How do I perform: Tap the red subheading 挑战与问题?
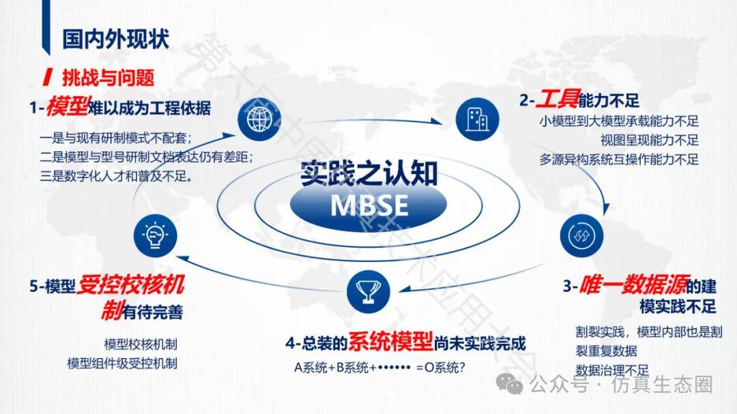coord(108,78)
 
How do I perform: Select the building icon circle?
coord(477,119)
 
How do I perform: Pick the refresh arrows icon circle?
coord(581,235)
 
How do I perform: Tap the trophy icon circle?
coord(369,292)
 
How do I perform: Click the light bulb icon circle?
coord(155,235)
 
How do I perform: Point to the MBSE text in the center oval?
coord(369,205)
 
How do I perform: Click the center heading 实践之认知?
coord(369,173)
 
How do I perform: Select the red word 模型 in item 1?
coord(67,107)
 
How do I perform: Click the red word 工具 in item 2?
coord(558,99)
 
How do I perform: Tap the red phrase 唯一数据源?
coord(633,284)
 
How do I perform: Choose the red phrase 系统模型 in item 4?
coord(390,342)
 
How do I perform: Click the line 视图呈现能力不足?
coord(650,141)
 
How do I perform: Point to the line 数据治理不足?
coord(612,370)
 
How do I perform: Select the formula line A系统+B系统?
coord(379,368)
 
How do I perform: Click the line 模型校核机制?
coord(141,344)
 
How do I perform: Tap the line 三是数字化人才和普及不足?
coord(116,176)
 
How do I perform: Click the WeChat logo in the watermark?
coord(510,384)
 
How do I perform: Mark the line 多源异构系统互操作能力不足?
coord(619,160)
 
